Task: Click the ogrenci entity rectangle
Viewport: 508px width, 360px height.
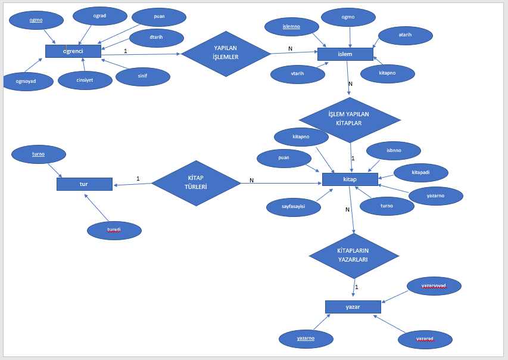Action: tap(73, 51)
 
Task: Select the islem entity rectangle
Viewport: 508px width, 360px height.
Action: tap(345, 54)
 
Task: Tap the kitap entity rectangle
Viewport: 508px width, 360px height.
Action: tap(350, 179)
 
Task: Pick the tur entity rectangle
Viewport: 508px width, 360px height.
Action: tap(84, 184)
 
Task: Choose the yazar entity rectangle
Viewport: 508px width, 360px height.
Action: tap(353, 307)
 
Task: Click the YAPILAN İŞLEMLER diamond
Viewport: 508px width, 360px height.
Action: tap(226, 54)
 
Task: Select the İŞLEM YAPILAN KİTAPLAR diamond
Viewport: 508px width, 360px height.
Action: tap(349, 119)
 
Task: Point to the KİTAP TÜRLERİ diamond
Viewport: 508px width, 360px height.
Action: tap(196, 183)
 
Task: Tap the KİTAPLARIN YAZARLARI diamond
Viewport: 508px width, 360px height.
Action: tap(353, 256)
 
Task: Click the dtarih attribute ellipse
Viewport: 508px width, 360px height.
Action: tap(157, 38)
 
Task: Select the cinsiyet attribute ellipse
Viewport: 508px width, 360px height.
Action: tap(85, 80)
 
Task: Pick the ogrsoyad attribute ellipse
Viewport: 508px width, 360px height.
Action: tap(26, 82)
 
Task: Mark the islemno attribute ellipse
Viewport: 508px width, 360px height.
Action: tap(292, 27)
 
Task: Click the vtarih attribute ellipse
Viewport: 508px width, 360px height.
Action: tap(298, 74)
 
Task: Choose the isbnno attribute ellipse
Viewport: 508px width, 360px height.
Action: tap(394, 151)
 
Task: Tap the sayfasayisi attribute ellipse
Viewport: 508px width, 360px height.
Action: tap(294, 207)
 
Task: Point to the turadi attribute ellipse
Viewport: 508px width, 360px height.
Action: tap(114, 230)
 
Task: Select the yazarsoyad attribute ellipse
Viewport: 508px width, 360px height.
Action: tap(434, 286)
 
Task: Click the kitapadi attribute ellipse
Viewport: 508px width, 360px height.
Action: tap(421, 172)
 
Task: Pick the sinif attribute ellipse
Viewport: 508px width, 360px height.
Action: tap(143, 76)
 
